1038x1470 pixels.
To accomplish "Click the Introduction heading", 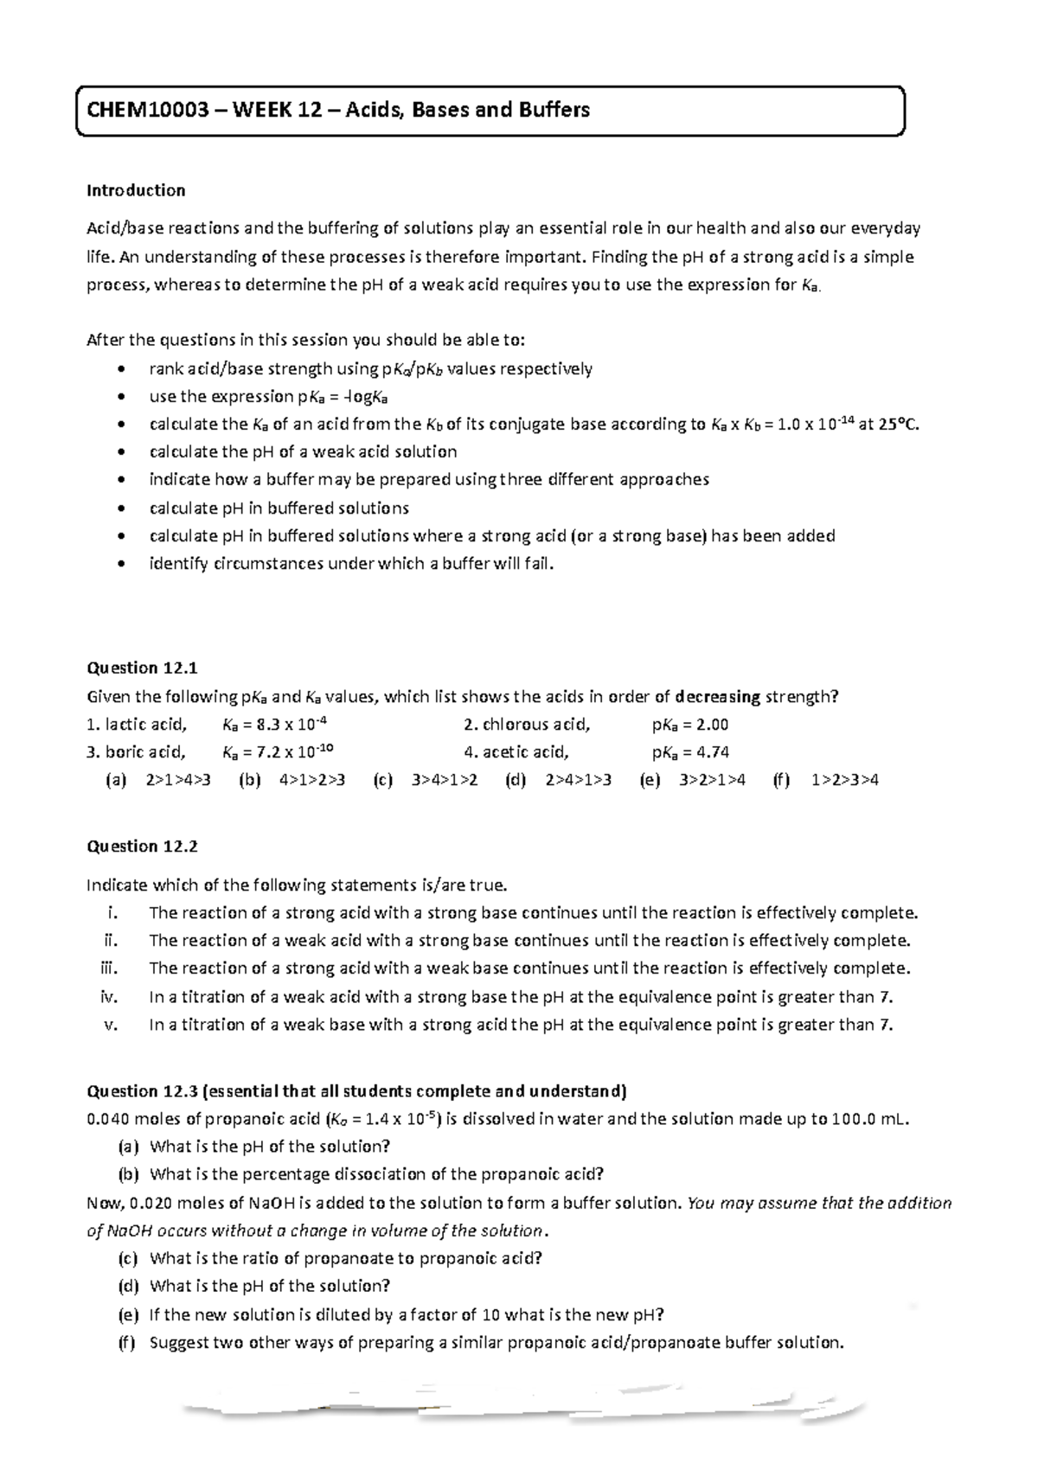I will [136, 190].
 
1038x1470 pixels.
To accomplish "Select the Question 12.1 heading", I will [143, 668].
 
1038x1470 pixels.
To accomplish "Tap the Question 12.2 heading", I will [143, 847].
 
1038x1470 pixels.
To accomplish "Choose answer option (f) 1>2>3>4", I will [825, 780].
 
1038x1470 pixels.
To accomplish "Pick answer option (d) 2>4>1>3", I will [558, 780].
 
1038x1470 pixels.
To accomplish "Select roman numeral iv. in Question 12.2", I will [109, 997].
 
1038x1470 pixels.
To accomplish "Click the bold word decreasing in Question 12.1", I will [717, 697].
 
